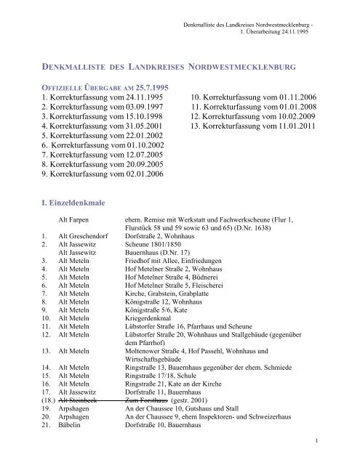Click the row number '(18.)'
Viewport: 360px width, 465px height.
click(x=47, y=400)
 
